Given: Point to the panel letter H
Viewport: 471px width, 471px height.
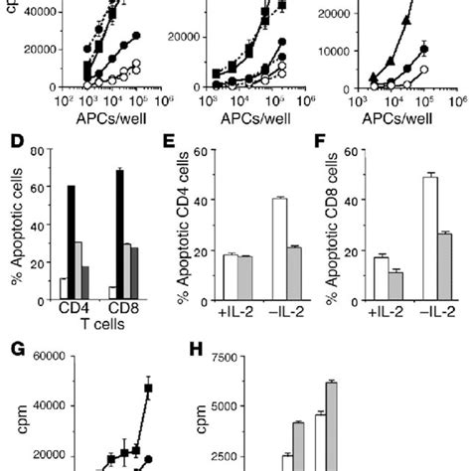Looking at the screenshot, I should tap(199, 350).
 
